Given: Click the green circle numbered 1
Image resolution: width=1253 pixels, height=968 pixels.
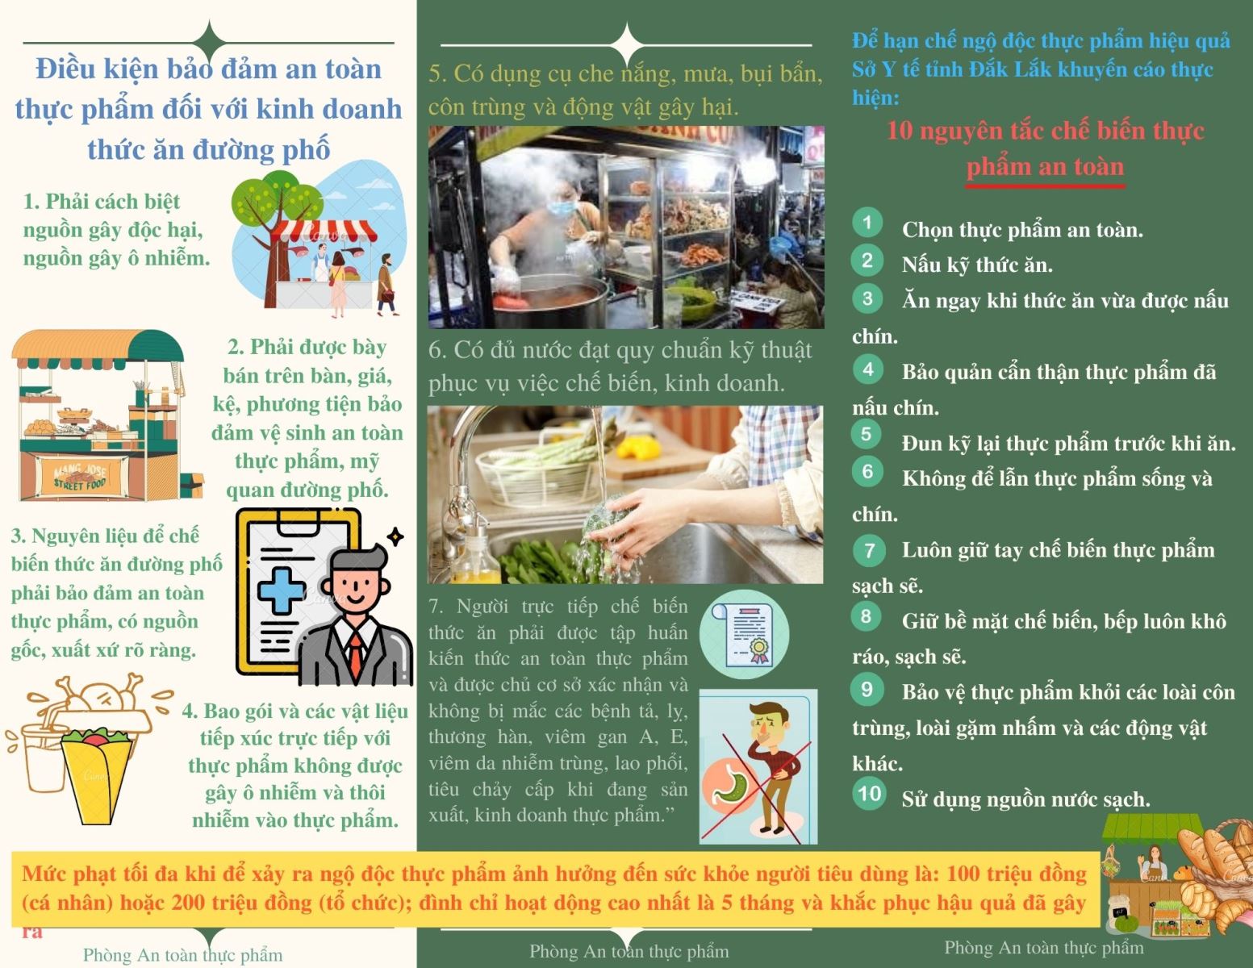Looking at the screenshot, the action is tap(867, 222).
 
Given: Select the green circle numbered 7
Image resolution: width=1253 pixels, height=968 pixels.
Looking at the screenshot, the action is tap(869, 549).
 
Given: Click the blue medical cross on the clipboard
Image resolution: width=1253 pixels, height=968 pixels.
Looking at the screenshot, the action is tap(281, 590).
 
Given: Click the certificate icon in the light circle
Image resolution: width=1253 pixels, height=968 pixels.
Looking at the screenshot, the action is tap(744, 633).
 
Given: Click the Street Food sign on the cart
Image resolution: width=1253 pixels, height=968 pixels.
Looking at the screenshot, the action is tap(80, 477).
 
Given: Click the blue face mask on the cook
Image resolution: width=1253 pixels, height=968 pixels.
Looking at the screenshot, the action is tap(562, 207).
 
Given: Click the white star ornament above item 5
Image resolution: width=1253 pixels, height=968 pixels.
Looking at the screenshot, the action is tap(626, 44).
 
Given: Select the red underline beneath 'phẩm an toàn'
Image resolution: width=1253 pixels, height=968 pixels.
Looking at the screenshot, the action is tap(1045, 186).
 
